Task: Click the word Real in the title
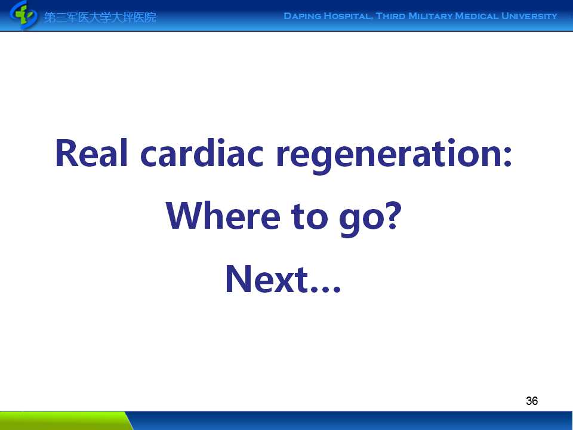tap(91, 153)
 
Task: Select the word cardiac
tap(202, 153)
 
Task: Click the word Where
tap(223, 216)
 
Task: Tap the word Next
tap(267, 279)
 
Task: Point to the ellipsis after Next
tap(326, 290)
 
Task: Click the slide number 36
tap(532, 401)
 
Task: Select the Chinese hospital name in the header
tap(100, 17)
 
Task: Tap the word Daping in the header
tap(303, 16)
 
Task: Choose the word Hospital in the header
tap(348, 16)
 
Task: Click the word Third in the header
tap(390, 16)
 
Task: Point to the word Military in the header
tap(430, 16)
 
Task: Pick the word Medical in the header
tap(476, 16)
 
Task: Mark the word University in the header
tap(529, 16)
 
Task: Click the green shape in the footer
tap(64, 420)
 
